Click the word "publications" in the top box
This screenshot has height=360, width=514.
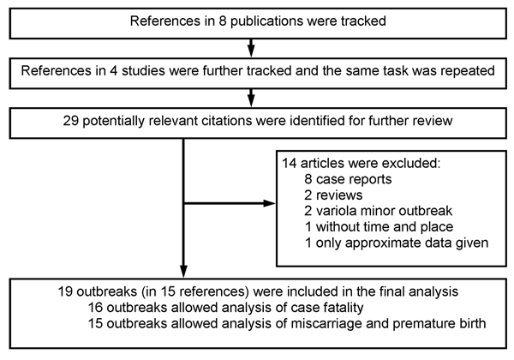click(266, 21)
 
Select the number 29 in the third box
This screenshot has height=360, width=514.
click(71, 121)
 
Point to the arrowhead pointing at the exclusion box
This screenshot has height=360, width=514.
click(269, 203)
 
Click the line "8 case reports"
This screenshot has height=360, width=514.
click(348, 179)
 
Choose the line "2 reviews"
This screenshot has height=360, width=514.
click(333, 195)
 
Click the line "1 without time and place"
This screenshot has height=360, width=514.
click(379, 226)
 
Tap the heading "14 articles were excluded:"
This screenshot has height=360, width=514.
click(362, 163)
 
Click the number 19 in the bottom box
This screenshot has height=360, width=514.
click(66, 291)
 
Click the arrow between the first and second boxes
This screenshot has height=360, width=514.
click(251, 48)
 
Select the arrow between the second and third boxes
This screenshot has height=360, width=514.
click(251, 98)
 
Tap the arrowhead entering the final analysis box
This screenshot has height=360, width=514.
click(183, 272)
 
